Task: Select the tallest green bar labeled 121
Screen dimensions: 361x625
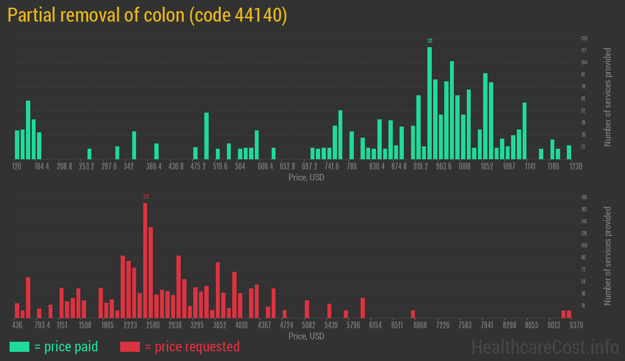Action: [x=429, y=103]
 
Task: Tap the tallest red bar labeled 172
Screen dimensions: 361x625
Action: [x=145, y=260]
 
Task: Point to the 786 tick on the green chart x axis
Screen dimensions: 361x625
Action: [x=352, y=167]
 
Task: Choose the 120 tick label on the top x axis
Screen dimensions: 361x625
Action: [x=16, y=167]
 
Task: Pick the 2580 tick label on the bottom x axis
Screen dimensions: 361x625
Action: [x=153, y=325]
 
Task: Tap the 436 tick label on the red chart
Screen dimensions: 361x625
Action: [x=17, y=325]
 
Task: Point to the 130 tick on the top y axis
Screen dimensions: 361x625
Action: [x=584, y=39]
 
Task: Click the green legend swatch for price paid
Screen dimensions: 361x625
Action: [x=19, y=347]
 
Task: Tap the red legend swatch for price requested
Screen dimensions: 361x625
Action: [x=130, y=347]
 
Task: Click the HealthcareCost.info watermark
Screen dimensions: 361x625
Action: [x=545, y=347]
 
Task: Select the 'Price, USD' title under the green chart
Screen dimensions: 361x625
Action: [x=306, y=178]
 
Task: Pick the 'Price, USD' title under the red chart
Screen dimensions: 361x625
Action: [x=306, y=336]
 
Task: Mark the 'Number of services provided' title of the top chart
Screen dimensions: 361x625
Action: [x=608, y=97]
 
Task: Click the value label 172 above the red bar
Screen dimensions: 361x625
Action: [x=146, y=197]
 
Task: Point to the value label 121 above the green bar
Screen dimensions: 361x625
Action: [x=430, y=41]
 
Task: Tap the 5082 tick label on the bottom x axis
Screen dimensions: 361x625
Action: [x=309, y=325]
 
